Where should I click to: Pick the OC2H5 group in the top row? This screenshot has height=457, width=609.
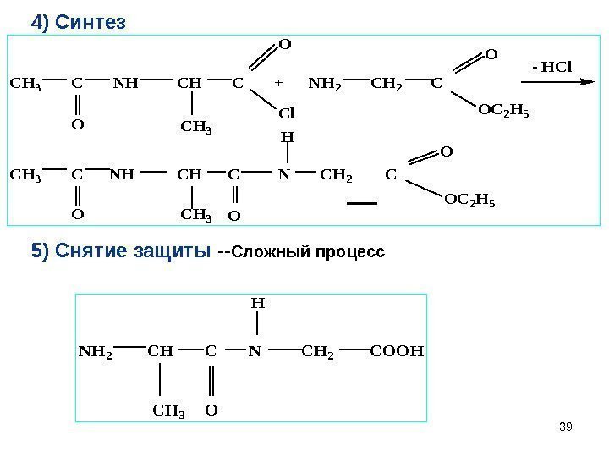pos(503,110)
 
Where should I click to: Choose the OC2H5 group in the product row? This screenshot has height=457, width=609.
pos(469,202)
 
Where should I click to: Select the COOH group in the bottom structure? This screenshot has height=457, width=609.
pos(397,349)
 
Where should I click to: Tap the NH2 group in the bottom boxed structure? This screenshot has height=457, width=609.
pos(94,349)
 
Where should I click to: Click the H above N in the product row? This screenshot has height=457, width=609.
pos(287,135)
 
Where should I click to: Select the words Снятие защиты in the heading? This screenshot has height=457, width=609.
pos(131,252)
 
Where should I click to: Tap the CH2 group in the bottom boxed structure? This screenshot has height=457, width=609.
pos(317,349)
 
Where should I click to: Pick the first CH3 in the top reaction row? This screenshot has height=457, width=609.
pos(25,84)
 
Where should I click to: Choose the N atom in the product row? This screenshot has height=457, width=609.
pos(286,176)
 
